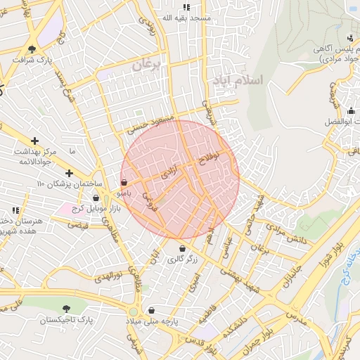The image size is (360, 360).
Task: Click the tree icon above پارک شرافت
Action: [32, 49]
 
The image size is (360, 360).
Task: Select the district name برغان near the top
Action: [147, 65]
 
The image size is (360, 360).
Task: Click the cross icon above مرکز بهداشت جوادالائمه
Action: [34, 141]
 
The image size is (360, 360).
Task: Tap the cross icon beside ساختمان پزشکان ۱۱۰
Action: [69, 173]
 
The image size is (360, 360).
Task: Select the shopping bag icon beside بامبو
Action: [124, 182]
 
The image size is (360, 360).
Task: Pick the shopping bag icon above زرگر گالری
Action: [182, 248]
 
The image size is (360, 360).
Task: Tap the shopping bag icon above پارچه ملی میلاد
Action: [151, 309]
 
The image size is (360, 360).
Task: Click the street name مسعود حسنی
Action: [148, 123]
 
